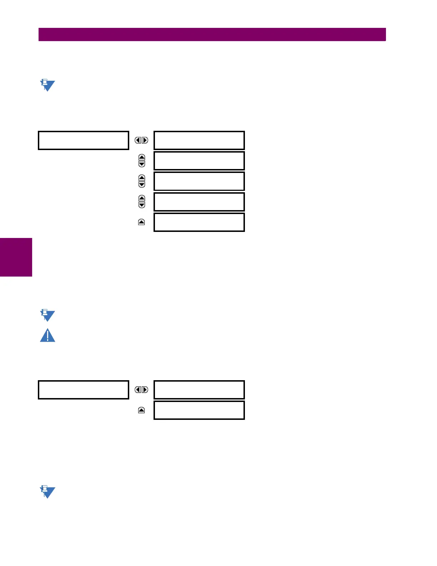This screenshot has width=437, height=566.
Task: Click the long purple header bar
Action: [212, 35]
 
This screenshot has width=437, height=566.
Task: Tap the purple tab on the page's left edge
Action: [16, 257]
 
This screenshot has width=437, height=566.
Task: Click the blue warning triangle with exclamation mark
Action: [47, 336]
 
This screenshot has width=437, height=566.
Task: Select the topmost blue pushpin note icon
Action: [47, 85]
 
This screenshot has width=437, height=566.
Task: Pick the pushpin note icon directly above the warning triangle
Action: [47, 316]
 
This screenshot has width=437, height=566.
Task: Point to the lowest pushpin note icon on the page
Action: [47, 492]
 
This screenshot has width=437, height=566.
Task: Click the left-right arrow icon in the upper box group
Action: [141, 140]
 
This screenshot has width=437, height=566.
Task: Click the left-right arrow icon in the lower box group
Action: [141, 390]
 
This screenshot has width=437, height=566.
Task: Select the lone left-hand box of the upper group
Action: [83, 140]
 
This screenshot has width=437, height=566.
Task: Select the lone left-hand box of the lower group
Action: [83, 390]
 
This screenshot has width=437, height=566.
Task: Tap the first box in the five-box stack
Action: [199, 140]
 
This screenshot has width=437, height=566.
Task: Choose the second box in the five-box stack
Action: [199, 161]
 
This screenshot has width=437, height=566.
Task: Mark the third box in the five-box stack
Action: [199, 181]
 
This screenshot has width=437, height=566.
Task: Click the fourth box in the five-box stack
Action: [199, 202]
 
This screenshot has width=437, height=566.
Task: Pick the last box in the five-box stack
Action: [199, 222]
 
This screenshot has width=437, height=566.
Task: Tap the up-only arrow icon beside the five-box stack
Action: [141, 222]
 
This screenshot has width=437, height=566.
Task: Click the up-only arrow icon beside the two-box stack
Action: [141, 410]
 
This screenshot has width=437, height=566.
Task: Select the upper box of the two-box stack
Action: [199, 390]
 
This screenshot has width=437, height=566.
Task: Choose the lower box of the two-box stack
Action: [199, 410]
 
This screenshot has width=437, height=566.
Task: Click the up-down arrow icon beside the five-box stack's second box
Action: [142, 161]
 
